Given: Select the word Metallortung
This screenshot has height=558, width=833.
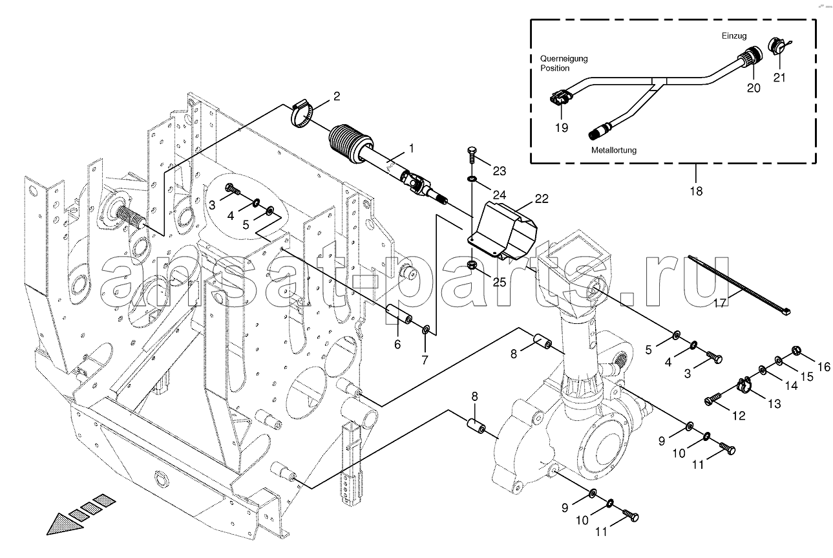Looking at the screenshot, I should [613, 150].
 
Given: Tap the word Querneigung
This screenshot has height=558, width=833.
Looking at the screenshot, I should [564, 58].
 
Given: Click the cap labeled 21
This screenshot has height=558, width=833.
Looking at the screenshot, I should [778, 47].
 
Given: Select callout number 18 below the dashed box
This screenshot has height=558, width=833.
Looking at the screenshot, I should [695, 191].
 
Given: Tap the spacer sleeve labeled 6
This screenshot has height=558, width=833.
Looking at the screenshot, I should [400, 316].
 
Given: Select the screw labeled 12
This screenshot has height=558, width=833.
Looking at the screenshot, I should [714, 399].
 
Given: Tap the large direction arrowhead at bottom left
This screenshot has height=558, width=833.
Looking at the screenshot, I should [66, 522].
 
